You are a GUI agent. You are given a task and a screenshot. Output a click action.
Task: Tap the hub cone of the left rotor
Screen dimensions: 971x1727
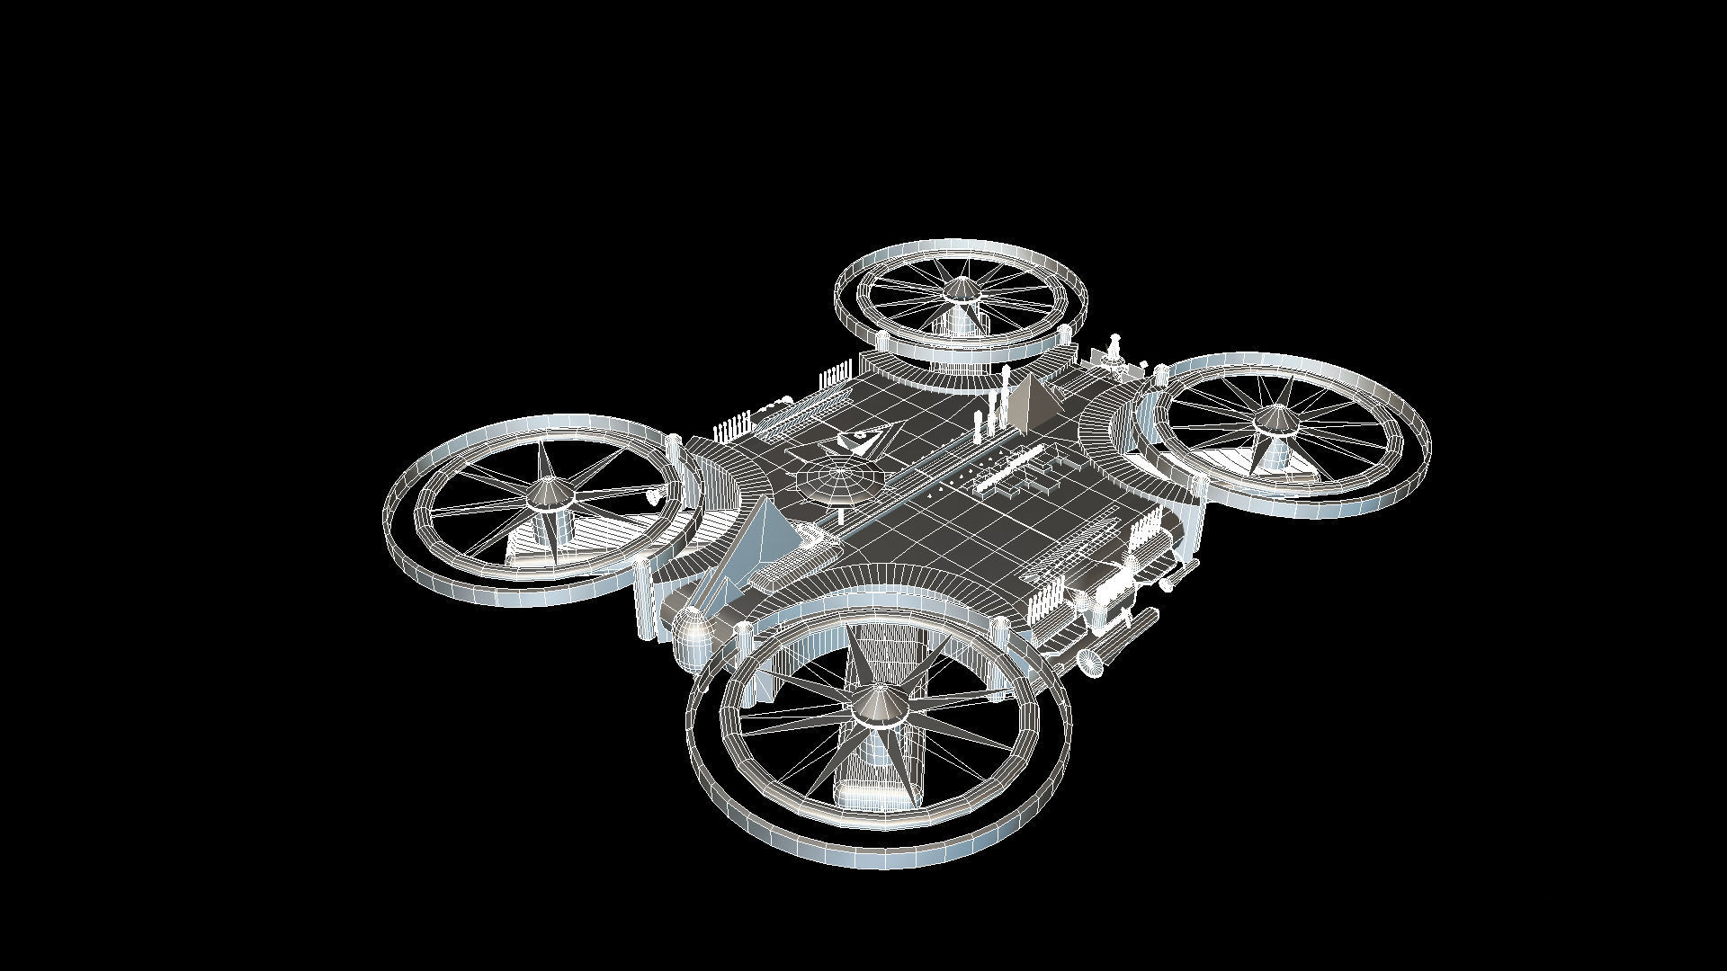(545, 493)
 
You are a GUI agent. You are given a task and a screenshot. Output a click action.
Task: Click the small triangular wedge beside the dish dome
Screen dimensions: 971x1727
(859, 441)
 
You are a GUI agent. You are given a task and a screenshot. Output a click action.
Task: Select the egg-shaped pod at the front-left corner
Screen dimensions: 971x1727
(691, 626)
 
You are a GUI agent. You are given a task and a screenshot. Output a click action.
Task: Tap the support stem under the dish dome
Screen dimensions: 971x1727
(841, 513)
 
